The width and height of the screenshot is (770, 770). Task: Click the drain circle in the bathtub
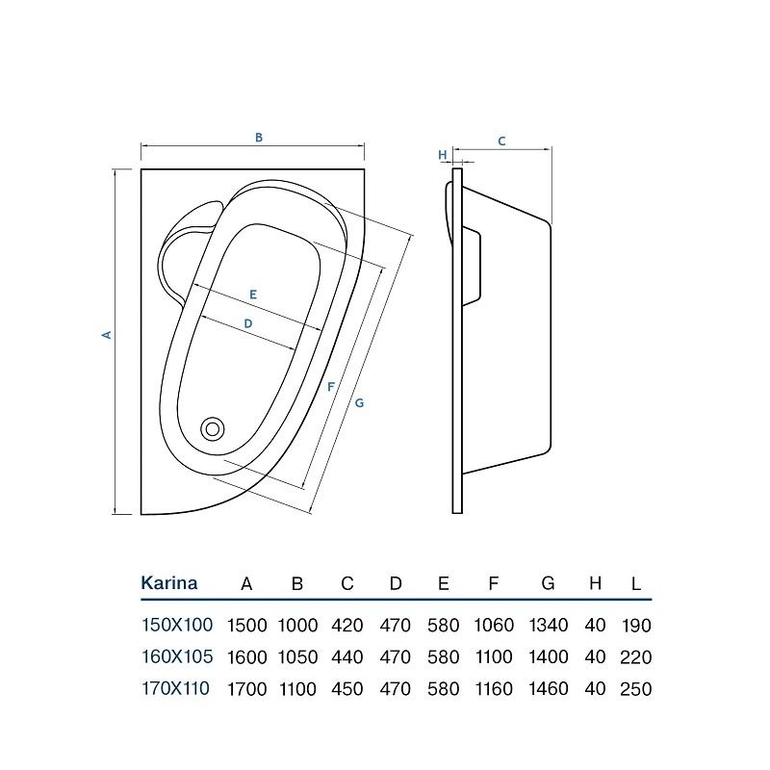click(x=213, y=429)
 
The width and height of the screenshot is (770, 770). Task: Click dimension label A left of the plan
click(x=107, y=335)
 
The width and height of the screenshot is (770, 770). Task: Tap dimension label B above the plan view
click(x=259, y=138)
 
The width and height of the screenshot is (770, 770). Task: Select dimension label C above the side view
click(x=501, y=141)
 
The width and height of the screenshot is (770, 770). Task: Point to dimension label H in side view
click(x=443, y=155)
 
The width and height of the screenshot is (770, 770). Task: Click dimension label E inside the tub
click(x=253, y=295)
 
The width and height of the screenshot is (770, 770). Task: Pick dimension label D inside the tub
click(x=248, y=323)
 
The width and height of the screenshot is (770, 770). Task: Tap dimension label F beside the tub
click(x=330, y=387)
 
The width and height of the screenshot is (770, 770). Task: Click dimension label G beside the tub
click(x=359, y=403)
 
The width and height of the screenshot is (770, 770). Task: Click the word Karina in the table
click(x=169, y=583)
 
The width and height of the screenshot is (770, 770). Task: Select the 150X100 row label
click(x=177, y=625)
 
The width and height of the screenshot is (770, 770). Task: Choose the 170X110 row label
click(x=175, y=688)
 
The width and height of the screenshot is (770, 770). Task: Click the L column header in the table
click(x=636, y=584)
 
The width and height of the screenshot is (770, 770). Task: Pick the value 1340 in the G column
click(x=549, y=625)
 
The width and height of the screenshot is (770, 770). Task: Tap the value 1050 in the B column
click(x=297, y=657)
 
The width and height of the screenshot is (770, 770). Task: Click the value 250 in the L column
click(x=636, y=689)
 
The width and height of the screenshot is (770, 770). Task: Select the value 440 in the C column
click(x=347, y=657)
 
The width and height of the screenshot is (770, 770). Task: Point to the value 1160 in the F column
click(x=494, y=689)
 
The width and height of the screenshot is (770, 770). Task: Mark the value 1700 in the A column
click(x=247, y=689)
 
